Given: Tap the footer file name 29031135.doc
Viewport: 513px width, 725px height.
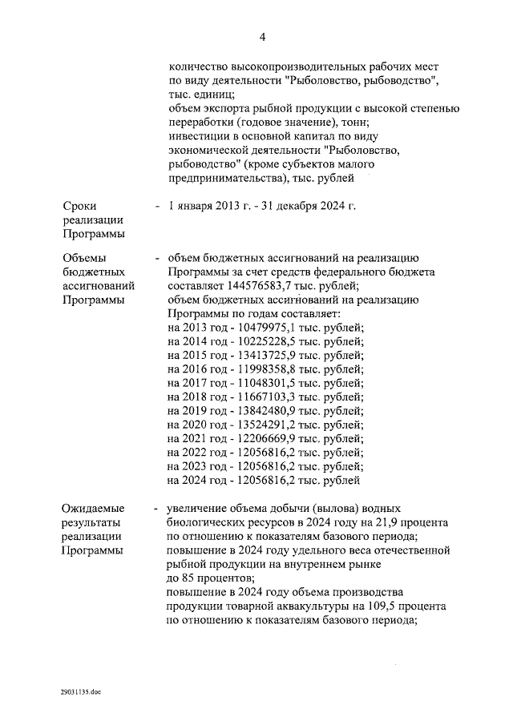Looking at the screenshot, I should [x=81, y=691].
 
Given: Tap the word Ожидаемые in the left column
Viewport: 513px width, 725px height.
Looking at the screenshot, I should [x=94, y=509].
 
